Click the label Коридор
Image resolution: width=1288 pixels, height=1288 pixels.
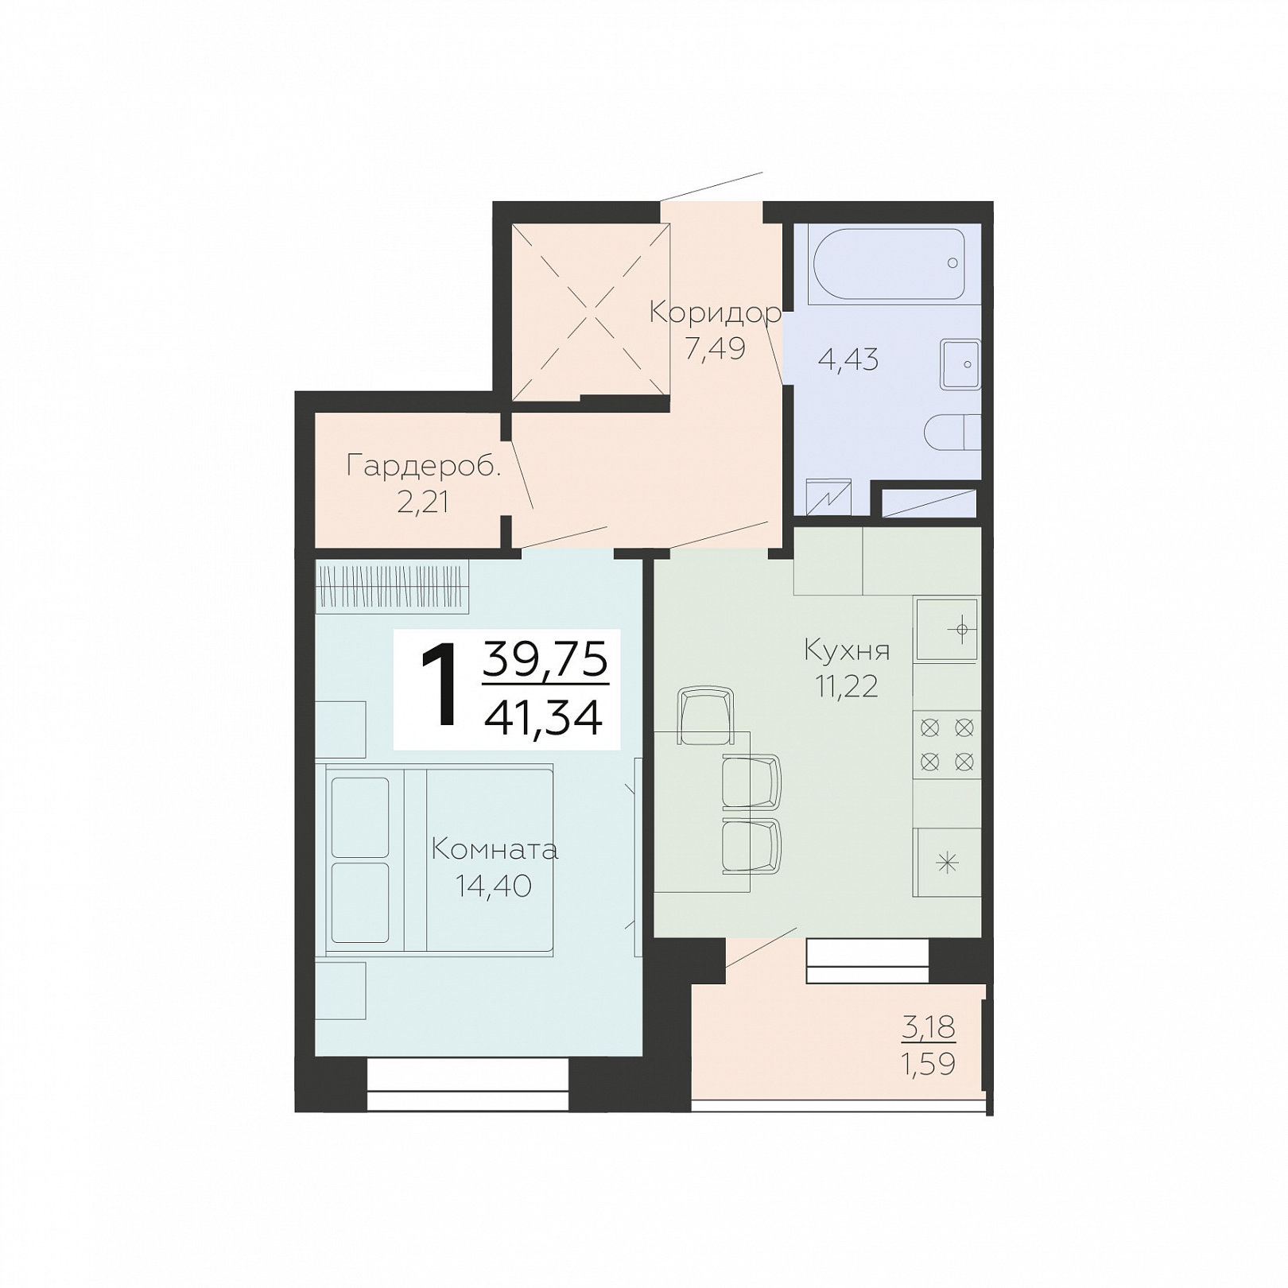[x=716, y=312]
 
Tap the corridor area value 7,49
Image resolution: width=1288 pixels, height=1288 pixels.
[x=716, y=348]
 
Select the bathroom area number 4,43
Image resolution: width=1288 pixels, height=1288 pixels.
[x=848, y=359]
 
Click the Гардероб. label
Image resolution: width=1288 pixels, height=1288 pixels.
[x=425, y=466]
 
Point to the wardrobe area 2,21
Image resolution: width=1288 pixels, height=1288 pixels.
[x=423, y=502]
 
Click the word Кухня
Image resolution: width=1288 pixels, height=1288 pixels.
[x=848, y=650]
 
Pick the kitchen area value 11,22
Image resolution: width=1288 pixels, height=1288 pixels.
[x=847, y=685]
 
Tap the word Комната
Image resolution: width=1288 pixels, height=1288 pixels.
[x=495, y=850]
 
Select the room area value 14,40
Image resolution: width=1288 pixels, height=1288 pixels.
[x=493, y=885]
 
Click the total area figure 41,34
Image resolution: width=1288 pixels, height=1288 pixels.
[x=544, y=719]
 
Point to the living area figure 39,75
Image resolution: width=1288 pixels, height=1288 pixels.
[x=545, y=659]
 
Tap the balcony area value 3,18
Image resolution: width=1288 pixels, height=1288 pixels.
[x=929, y=1027]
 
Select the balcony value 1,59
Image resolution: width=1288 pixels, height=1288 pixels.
[x=929, y=1063]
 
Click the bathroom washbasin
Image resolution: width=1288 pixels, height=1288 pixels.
[x=960, y=364]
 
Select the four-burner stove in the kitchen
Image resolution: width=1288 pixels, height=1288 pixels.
[x=947, y=745]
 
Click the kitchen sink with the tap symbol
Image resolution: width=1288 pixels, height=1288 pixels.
[x=947, y=630]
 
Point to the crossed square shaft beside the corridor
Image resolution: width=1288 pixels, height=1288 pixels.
[x=590, y=312]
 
